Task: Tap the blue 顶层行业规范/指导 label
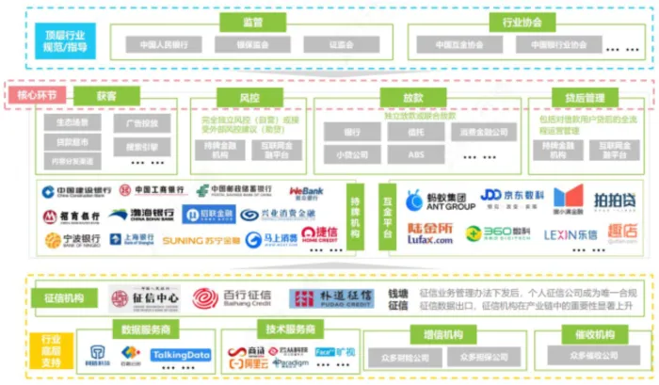pyautogui.click(x=68, y=40)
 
